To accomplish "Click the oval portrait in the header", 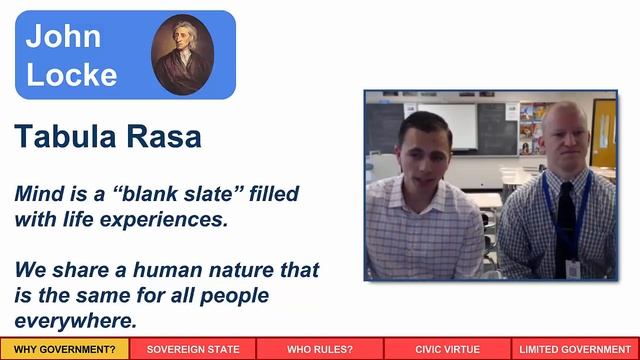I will pyautogui.click(x=183, y=54).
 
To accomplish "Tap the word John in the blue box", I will pyautogui.click(x=63, y=36).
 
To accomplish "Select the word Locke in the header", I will pyautogui.click(x=71, y=74).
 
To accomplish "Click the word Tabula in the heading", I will pyautogui.click(x=62, y=137).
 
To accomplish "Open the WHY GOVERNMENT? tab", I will pyautogui.click(x=64, y=349).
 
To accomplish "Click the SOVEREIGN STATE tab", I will pyautogui.click(x=193, y=349).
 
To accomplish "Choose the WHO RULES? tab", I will pyautogui.click(x=320, y=349).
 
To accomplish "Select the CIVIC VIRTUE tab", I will pyautogui.click(x=447, y=349).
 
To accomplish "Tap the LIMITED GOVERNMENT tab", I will pyautogui.click(x=575, y=349).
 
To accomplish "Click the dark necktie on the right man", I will pyautogui.click(x=565, y=225).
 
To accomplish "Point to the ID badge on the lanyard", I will pyautogui.click(x=573, y=267).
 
